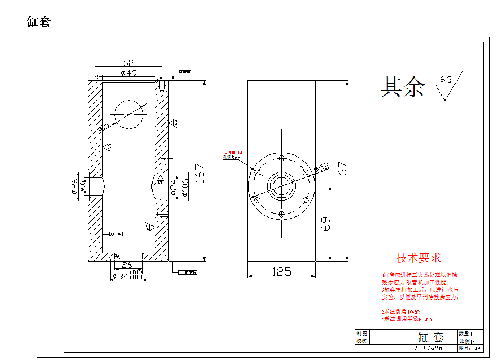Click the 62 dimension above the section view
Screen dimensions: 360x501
128,63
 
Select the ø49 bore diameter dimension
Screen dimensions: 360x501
128,73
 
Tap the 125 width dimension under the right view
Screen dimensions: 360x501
281,271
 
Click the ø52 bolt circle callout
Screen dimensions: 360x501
321,167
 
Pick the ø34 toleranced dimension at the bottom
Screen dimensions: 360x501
128,276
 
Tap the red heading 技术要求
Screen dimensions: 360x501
419,258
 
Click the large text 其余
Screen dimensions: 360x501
402,87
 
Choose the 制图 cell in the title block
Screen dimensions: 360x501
361,333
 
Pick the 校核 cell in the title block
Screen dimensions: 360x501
361,341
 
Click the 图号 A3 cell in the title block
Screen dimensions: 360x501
471,349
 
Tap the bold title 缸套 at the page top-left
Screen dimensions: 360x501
39,22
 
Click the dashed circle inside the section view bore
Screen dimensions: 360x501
129,114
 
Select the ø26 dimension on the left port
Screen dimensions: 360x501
75,186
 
